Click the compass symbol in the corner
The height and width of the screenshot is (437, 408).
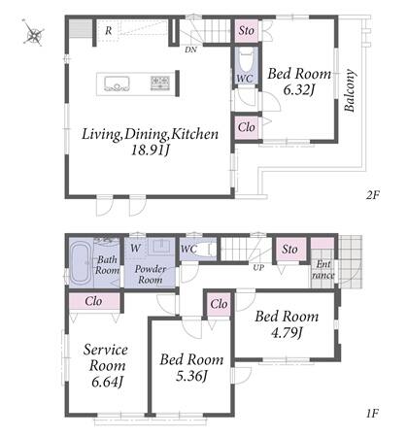(34, 33)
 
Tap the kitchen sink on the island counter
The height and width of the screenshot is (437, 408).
(117, 84)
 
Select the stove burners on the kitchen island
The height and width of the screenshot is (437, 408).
(160, 83)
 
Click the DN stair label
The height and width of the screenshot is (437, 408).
(190, 50)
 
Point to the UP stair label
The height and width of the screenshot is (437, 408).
(258, 268)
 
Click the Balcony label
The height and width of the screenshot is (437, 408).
(350, 90)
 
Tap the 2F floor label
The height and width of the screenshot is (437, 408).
(373, 195)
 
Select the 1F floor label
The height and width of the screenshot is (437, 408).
(373, 413)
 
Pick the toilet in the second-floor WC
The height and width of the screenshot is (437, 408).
(246, 60)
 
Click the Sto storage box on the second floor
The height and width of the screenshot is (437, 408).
(247, 31)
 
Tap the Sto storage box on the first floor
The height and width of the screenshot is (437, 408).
(289, 250)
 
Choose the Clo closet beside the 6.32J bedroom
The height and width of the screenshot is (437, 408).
(247, 127)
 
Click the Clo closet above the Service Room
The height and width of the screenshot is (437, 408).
(94, 301)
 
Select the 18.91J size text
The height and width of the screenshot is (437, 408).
(151, 151)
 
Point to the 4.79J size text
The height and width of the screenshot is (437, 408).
(287, 333)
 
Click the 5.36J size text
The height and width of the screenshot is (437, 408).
(191, 376)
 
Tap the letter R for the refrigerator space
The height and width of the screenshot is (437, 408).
(109, 31)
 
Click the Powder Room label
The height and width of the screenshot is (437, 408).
(151, 274)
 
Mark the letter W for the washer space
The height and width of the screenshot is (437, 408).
(136, 249)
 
